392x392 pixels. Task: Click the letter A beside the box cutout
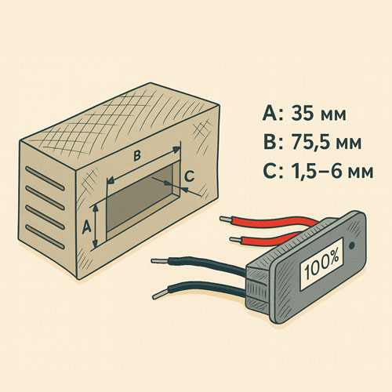click(x=86, y=227)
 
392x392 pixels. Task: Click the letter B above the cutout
click(x=137, y=156)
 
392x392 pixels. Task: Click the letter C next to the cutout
click(x=189, y=176)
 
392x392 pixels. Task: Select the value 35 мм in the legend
click(x=318, y=114)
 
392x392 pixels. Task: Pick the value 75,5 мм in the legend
click(x=326, y=143)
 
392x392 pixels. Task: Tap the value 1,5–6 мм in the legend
click(x=332, y=171)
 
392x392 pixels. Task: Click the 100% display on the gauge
click(x=321, y=265)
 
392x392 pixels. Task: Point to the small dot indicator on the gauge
click(x=352, y=245)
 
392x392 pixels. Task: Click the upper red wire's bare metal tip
click(x=225, y=219)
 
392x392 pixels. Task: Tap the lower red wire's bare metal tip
click(x=235, y=239)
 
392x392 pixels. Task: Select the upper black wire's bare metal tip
click(x=160, y=260)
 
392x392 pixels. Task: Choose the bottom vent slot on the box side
click(x=45, y=237)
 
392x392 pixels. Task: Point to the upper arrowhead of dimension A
click(x=96, y=208)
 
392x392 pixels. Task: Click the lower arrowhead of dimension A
click(x=96, y=244)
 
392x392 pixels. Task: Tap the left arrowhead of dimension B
click(x=111, y=180)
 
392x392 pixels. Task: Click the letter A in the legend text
click(x=270, y=114)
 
